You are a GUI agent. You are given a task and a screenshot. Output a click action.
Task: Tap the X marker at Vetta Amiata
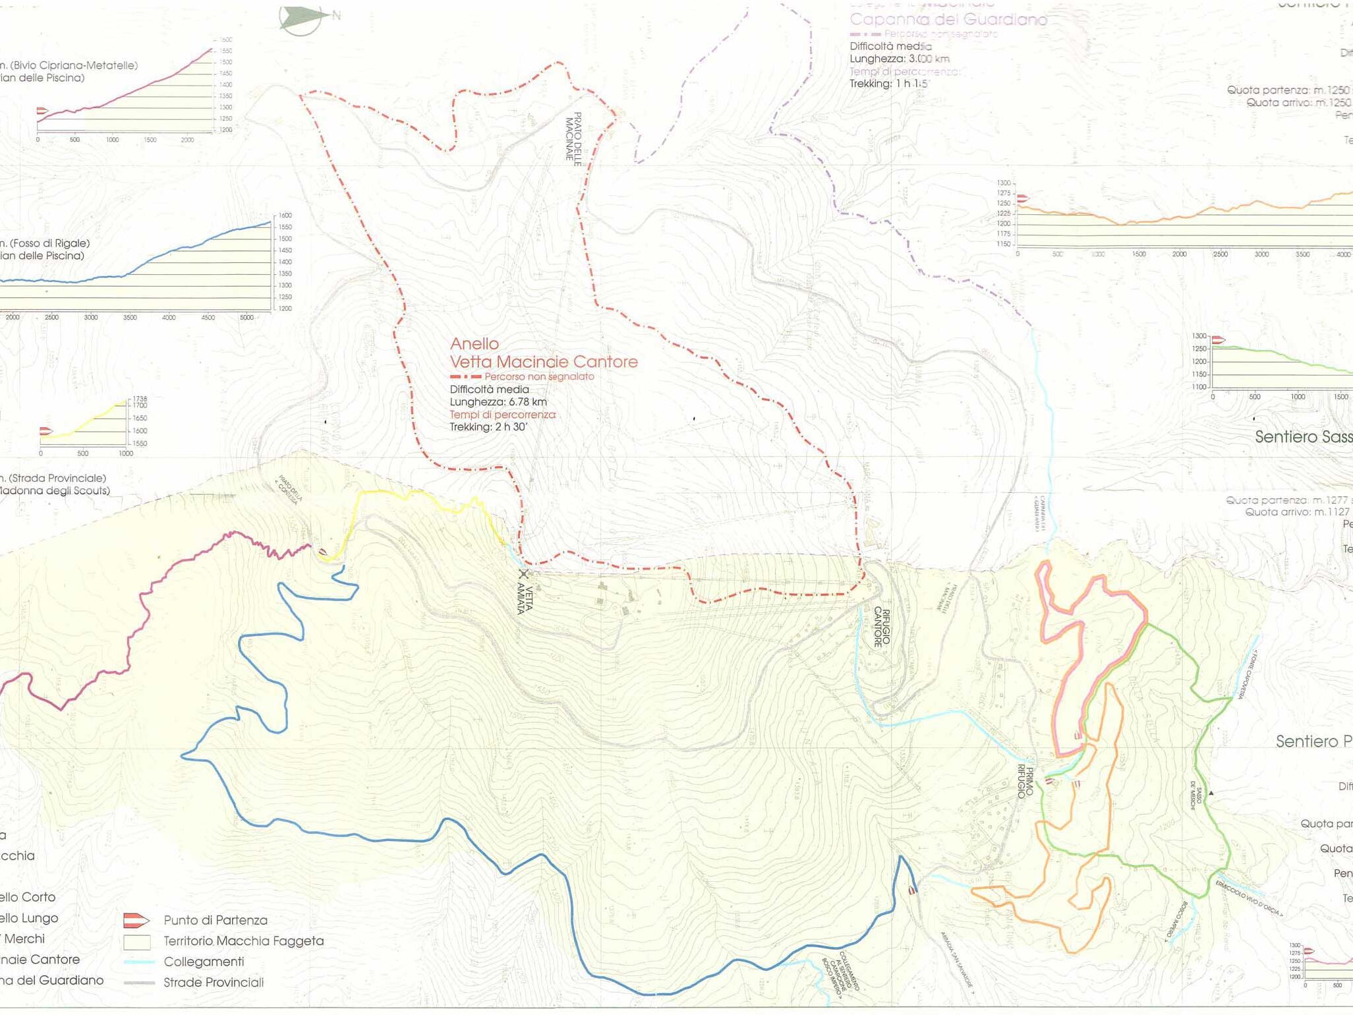[x=523, y=573]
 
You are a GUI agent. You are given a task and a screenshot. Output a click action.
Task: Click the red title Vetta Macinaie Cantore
[x=544, y=362]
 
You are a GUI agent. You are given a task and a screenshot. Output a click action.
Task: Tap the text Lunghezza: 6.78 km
[x=498, y=402]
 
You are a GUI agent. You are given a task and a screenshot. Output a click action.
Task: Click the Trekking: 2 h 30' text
[x=489, y=427]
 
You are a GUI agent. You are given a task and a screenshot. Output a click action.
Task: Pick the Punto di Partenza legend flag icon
[x=136, y=920]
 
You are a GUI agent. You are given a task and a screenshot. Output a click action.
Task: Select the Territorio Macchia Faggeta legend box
[x=136, y=941]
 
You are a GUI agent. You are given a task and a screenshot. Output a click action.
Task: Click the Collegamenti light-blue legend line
[x=138, y=962]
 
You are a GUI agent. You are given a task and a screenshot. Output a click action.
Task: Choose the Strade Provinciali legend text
[x=214, y=983]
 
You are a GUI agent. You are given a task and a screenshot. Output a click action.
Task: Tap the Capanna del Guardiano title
[x=948, y=20]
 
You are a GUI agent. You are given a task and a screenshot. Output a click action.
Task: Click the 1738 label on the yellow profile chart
[x=140, y=399]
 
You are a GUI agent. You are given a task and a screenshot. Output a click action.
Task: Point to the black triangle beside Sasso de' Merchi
[x=1211, y=793]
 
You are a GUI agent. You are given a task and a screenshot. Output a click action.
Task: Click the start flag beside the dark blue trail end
[x=912, y=890]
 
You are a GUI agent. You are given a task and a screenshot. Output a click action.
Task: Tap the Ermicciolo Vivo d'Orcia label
[x=1249, y=898]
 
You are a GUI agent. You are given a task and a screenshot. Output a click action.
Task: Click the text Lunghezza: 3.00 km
[x=899, y=59]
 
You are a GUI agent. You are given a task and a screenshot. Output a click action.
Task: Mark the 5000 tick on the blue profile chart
[x=246, y=318]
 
